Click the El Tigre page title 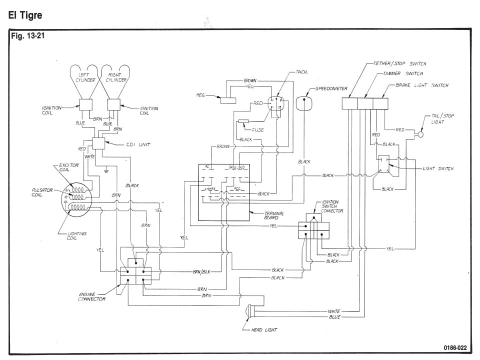pyautogui.click(x=25, y=15)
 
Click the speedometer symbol pyautogui.click(x=304, y=103)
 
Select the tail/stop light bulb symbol pyautogui.click(x=421, y=134)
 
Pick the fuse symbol pyautogui.click(x=244, y=121)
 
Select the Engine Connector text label pyautogui.click(x=92, y=296)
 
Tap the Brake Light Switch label pyautogui.click(x=422, y=85)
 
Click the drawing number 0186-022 pyautogui.click(x=455, y=347)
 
